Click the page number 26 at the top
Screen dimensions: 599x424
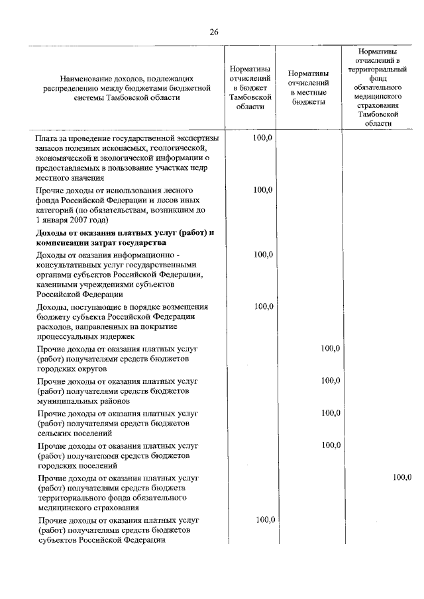[213, 32]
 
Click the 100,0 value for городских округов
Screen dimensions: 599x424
[331, 349]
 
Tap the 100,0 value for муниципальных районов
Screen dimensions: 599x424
[331, 381]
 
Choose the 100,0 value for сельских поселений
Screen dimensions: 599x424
[331, 413]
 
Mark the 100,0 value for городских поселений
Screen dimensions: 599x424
[331, 445]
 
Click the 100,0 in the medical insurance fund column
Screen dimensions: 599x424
[401, 477]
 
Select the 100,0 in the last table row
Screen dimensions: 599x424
[264, 520]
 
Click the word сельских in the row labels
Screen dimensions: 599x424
[56, 434]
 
